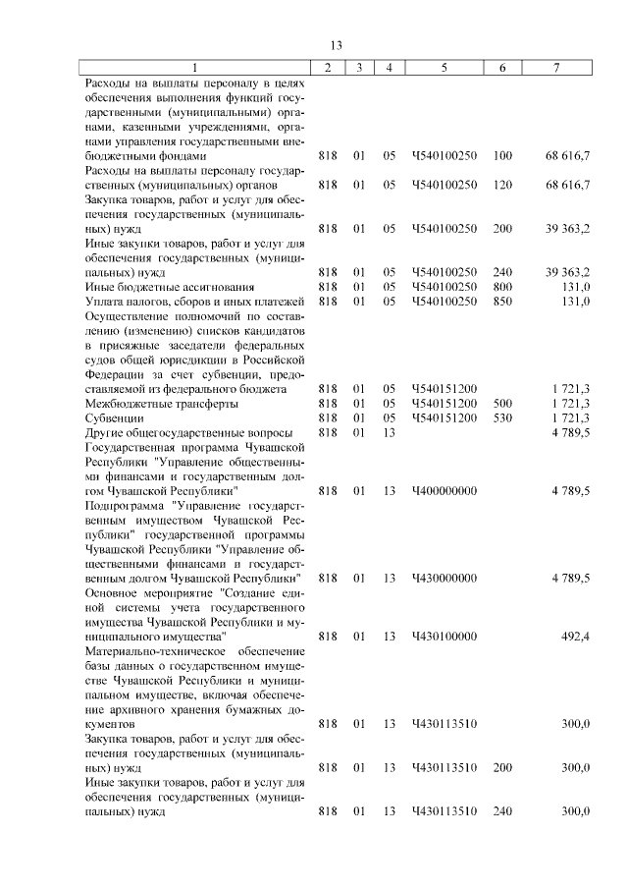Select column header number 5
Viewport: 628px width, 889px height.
pyautogui.click(x=445, y=67)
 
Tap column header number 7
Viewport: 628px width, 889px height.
pyautogui.click(x=556, y=67)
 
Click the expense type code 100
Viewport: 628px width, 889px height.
pyautogui.click(x=502, y=155)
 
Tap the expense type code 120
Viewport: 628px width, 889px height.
pyautogui.click(x=502, y=184)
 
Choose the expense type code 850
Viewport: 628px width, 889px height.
pyautogui.click(x=502, y=301)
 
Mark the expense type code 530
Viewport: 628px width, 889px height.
pyautogui.click(x=502, y=417)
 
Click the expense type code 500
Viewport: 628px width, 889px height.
pyautogui.click(x=502, y=403)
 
